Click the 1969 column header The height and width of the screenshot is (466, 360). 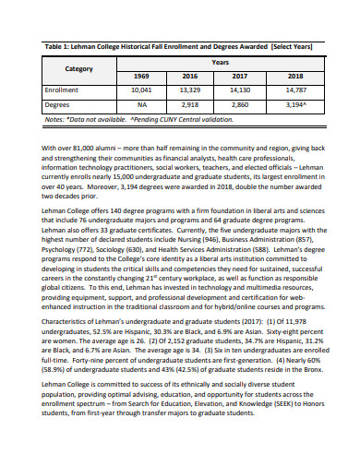141,77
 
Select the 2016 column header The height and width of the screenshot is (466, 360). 190,77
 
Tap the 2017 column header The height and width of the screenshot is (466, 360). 240,77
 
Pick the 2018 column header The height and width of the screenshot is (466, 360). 294,77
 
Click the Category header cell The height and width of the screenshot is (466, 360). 78,68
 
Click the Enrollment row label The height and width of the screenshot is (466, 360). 63,91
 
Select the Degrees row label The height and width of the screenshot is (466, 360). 58,105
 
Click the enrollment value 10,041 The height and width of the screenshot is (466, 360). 141,91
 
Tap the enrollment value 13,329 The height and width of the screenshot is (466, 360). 190,91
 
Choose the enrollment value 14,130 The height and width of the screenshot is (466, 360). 240,91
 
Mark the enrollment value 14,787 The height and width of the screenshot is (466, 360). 294,91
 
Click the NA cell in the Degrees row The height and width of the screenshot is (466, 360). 141,105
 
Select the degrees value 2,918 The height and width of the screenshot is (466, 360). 190,105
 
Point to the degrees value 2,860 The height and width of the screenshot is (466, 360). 240,105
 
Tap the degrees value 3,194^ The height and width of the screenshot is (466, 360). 294,105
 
